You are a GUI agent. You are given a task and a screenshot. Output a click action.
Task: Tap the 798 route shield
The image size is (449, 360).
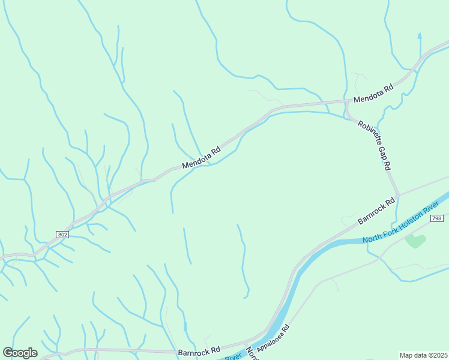point(436,218)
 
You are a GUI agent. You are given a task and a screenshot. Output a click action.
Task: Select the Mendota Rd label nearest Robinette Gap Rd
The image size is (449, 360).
point(373,93)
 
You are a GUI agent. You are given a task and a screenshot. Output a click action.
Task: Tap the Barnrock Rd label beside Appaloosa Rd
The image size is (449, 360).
point(199,349)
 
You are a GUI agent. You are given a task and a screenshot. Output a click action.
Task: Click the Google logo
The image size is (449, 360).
point(20,352)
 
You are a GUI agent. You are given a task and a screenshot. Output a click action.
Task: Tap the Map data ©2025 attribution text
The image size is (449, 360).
point(423,355)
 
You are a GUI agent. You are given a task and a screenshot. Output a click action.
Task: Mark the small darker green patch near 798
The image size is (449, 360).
point(415,241)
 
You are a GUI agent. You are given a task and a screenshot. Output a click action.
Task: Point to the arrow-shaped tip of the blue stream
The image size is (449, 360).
point(420,35)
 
